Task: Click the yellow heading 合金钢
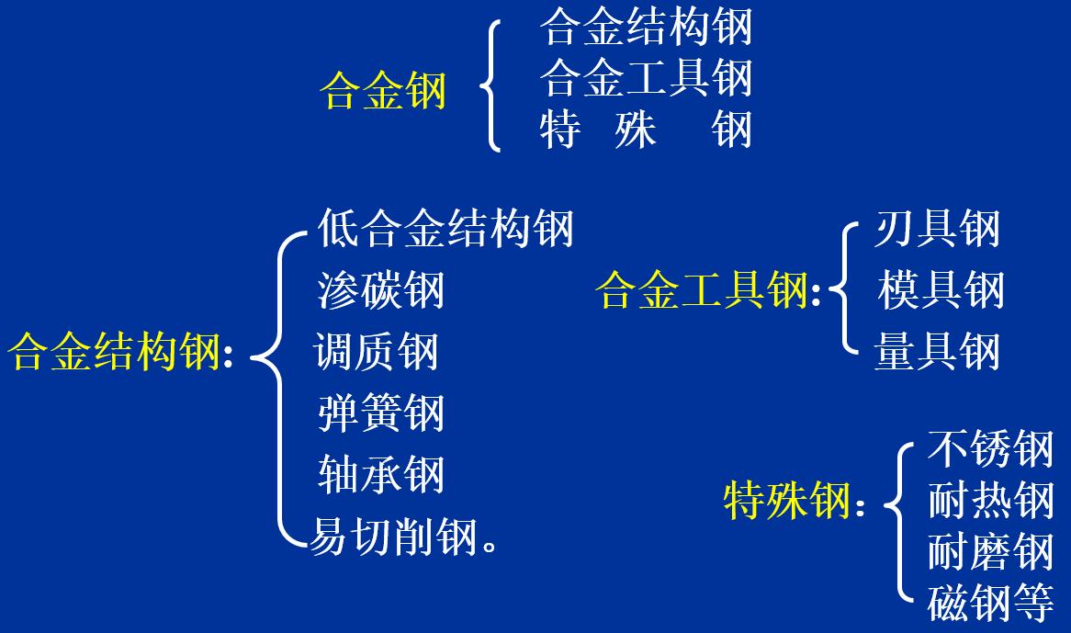click(x=383, y=91)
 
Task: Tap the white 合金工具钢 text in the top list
click(x=646, y=77)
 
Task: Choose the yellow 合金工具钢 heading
click(x=702, y=289)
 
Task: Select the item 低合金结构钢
click(x=445, y=228)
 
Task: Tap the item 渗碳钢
click(x=380, y=289)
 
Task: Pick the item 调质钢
click(x=377, y=352)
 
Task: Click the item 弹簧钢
click(x=380, y=413)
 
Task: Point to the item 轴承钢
click(x=380, y=474)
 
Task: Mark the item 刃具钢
click(x=936, y=228)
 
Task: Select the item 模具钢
click(x=941, y=289)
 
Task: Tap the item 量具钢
click(x=936, y=352)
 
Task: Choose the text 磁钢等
click(x=989, y=603)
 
